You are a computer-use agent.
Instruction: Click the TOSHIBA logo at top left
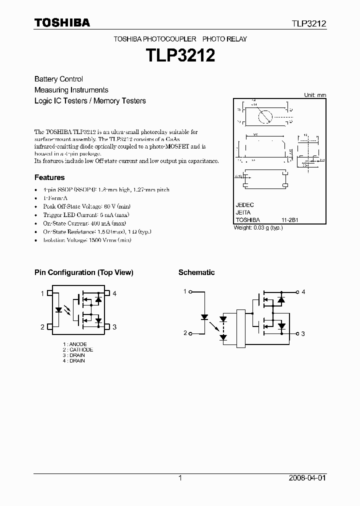click(62, 22)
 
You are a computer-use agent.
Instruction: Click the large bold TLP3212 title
click(180, 55)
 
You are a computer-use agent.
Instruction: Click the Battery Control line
click(58, 79)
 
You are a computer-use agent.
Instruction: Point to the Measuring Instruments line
click(71, 90)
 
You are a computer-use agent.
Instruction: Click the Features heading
click(49, 177)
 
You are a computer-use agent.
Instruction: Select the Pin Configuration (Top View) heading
click(83, 272)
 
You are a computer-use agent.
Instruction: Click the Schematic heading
click(196, 272)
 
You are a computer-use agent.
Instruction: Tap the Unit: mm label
click(315, 95)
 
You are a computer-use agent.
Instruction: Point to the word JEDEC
click(245, 205)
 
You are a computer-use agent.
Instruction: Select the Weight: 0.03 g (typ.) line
click(258, 227)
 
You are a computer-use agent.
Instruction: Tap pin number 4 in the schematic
click(303, 292)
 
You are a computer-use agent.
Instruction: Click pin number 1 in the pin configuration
click(42, 293)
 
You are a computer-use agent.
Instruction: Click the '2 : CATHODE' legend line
click(78, 349)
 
